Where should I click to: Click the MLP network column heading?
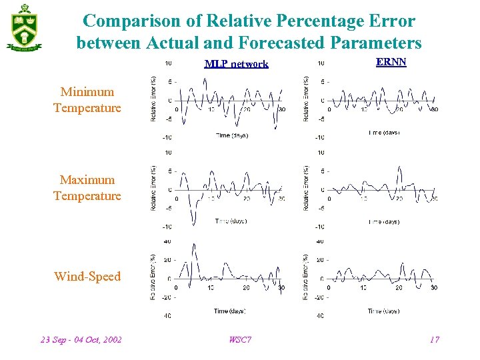pyautogui.click(x=236, y=64)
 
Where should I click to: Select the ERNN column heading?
pyautogui.click(x=391, y=62)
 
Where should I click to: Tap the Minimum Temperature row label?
pyautogui.click(x=87, y=100)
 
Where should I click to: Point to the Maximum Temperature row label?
pyautogui.click(x=87, y=188)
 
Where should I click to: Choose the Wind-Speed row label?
pyautogui.click(x=87, y=277)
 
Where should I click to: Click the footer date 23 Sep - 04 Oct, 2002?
pyautogui.click(x=81, y=340)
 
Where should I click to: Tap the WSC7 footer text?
pyautogui.click(x=240, y=340)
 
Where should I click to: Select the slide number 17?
pyautogui.click(x=434, y=340)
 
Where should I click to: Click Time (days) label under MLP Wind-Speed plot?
pyautogui.click(x=230, y=311)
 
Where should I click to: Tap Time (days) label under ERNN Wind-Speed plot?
pyautogui.click(x=383, y=311)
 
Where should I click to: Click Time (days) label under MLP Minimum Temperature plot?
pyautogui.click(x=232, y=135)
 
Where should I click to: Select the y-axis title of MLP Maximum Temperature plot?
pyautogui.click(x=154, y=189)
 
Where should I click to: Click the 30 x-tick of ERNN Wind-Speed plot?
pyautogui.click(x=434, y=287)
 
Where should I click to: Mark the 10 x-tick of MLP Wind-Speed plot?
pyautogui.click(x=211, y=287)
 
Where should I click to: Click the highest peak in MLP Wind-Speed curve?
pyautogui.click(x=193, y=245)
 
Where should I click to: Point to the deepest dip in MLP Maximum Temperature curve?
pyautogui.click(x=193, y=225)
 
